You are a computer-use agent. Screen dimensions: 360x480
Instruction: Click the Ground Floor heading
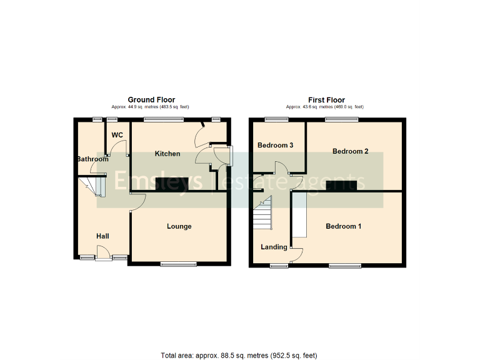point(151,100)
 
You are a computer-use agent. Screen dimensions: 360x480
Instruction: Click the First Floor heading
point(326,100)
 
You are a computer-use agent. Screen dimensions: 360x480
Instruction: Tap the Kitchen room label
point(167,154)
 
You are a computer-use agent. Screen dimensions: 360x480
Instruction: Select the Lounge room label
point(179,226)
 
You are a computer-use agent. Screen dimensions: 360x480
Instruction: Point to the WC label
point(117,135)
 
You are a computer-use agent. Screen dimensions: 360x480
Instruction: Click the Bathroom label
point(92,159)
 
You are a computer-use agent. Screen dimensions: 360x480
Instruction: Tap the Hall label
point(102,236)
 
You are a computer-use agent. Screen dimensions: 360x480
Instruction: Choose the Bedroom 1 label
point(344,226)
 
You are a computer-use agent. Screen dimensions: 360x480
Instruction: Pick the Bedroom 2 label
point(350,151)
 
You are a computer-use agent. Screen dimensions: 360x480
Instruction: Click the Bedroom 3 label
point(276,146)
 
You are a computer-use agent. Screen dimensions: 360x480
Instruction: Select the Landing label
point(274,247)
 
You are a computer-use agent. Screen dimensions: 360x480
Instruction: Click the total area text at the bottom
point(239,356)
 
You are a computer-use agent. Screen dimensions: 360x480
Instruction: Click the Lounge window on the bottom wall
point(177,264)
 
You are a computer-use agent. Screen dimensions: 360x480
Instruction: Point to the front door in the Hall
point(104,257)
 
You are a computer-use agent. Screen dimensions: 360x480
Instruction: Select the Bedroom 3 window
point(273,119)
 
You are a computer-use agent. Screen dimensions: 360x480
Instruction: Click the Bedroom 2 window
point(341,119)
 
